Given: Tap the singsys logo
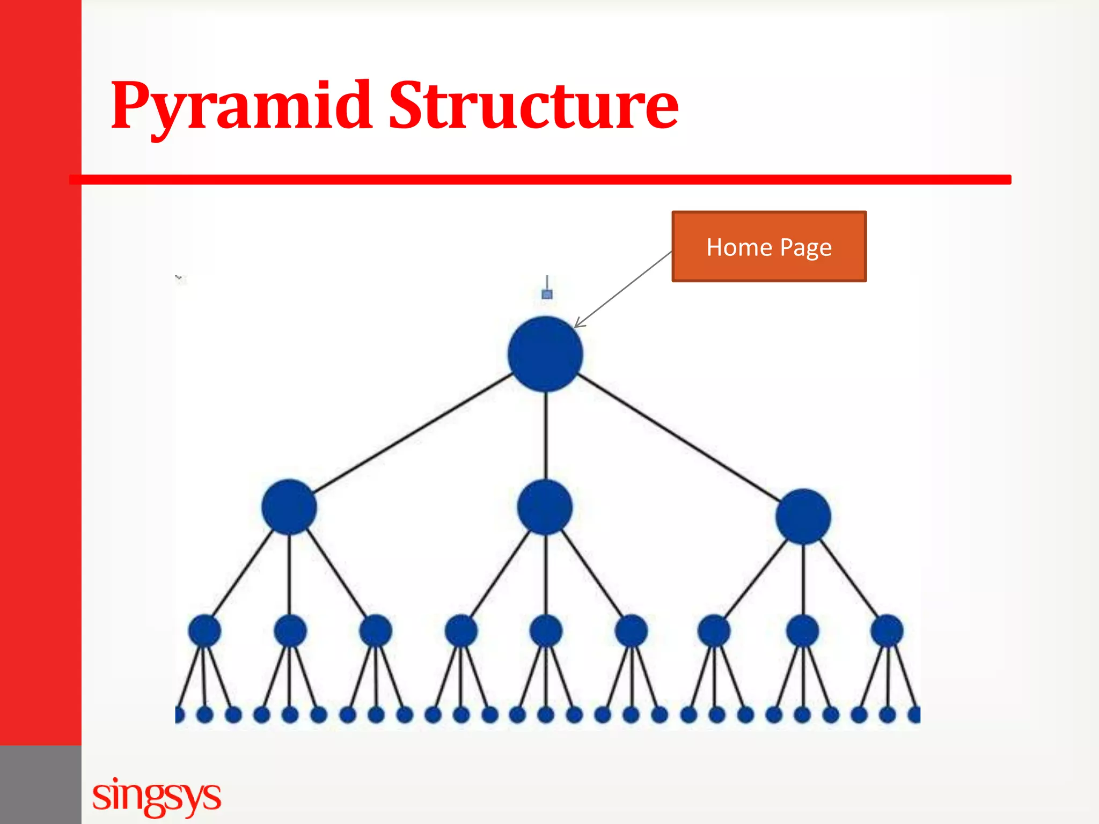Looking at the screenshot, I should tap(156, 796).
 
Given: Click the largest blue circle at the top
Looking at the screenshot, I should tap(545, 354).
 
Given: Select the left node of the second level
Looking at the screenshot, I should tap(289, 507).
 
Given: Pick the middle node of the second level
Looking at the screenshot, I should tap(545, 507).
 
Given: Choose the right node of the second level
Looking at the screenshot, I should tap(803, 516).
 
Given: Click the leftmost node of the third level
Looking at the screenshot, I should tap(204, 630).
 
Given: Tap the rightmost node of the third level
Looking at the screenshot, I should tap(886, 630).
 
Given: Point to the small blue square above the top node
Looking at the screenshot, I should tap(547, 294).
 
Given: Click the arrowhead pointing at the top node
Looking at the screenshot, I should tap(578, 323).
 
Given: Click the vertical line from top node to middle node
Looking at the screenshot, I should tap(546, 435).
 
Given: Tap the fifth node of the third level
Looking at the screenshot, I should tap(546, 630).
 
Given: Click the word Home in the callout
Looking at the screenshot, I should tap(739, 247).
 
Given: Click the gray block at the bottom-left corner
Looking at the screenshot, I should tap(40, 784).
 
